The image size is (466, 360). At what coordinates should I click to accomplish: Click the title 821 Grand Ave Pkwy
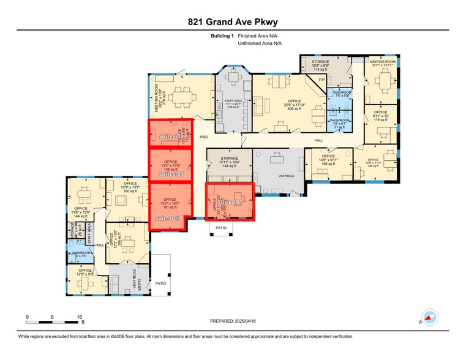click(233, 22)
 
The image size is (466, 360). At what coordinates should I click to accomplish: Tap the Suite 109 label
click(171, 136)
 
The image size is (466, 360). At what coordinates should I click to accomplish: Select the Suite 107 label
click(171, 174)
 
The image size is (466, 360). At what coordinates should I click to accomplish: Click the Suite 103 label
click(167, 219)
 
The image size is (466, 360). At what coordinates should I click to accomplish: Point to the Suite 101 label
click(231, 202)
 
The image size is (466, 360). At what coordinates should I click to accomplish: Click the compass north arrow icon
click(430, 317)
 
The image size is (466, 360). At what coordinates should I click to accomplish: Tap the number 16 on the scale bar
click(79, 317)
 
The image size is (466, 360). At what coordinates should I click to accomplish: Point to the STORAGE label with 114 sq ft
click(320, 62)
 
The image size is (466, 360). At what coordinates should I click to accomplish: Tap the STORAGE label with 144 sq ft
click(229, 158)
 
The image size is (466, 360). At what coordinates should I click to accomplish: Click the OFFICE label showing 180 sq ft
click(130, 183)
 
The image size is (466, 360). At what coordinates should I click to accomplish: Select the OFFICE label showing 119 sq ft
click(380, 112)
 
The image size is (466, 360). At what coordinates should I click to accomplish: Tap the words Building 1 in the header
click(222, 36)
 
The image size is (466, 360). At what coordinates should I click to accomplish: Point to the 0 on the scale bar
click(27, 317)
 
